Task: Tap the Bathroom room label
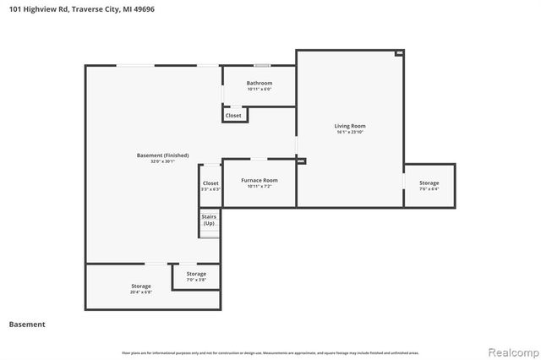260,83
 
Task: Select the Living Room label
350,126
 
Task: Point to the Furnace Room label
259,180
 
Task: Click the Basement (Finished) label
162,155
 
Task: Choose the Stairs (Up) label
209,221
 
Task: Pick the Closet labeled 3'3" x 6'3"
210,183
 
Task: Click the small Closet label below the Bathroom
233,115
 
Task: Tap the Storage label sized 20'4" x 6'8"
140,286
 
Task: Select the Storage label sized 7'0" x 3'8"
196,274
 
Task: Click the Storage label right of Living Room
429,183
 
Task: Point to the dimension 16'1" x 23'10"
350,132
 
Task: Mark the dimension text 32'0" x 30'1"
162,161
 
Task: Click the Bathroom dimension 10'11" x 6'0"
260,89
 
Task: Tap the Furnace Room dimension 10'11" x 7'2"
259,186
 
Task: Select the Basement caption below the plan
27,325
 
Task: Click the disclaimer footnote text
270,352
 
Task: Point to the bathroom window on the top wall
263,65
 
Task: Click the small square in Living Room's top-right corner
400,52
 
